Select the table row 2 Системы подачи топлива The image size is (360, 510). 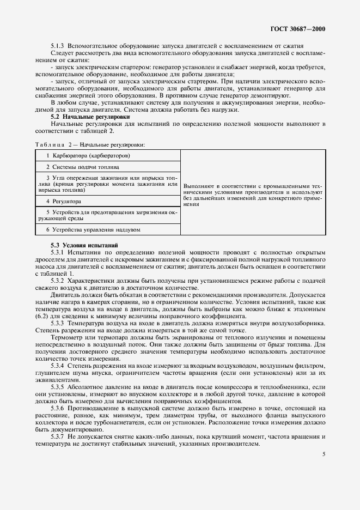click(86, 167)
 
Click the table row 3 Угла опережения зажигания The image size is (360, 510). click(108, 184)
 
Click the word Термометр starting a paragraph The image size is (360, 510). click(66, 337)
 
